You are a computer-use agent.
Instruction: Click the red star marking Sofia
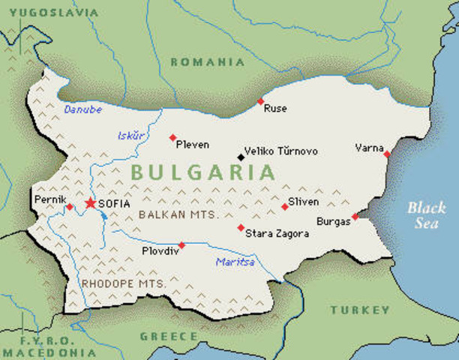(91, 202)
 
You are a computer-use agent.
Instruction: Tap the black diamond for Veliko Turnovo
(241, 157)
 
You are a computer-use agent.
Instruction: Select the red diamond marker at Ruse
(260, 101)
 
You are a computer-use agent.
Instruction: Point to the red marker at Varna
(387, 154)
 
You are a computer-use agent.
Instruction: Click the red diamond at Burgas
(355, 217)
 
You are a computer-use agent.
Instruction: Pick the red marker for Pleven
(172, 137)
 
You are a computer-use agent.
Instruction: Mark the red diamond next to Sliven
(284, 206)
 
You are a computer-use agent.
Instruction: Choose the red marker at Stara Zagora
(241, 227)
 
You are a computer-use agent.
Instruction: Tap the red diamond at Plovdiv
(181, 244)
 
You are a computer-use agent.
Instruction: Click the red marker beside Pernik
(69, 206)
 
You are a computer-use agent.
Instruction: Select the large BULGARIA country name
(202, 172)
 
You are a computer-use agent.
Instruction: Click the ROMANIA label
(208, 62)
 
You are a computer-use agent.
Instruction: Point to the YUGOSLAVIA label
(49, 13)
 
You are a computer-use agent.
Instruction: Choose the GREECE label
(169, 336)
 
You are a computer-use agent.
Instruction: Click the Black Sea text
(424, 215)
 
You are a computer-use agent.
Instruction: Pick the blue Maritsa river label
(235, 262)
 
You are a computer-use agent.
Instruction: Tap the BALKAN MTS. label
(178, 214)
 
